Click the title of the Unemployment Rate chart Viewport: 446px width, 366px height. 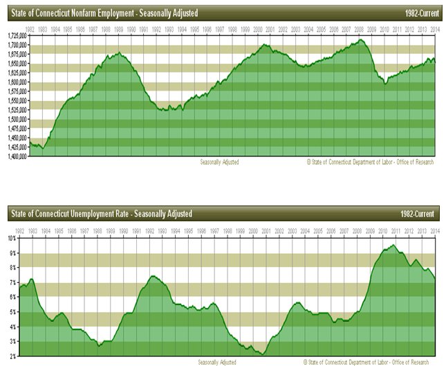[x=101, y=213]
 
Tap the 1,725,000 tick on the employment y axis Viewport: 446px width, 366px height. [x=15, y=35]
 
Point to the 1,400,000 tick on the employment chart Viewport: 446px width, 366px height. [x=15, y=156]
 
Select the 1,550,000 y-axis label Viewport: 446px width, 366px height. [x=15, y=100]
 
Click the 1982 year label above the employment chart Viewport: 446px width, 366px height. [x=30, y=29]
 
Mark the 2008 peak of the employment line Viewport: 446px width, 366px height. [x=361, y=40]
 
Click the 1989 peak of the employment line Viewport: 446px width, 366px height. [x=119, y=53]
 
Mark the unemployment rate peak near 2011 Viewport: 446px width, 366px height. [x=393, y=245]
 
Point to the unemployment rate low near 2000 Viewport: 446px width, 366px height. [x=263, y=354]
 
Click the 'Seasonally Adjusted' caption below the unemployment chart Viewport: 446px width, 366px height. [x=217, y=362]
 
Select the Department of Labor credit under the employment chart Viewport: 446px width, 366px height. [x=370, y=162]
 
